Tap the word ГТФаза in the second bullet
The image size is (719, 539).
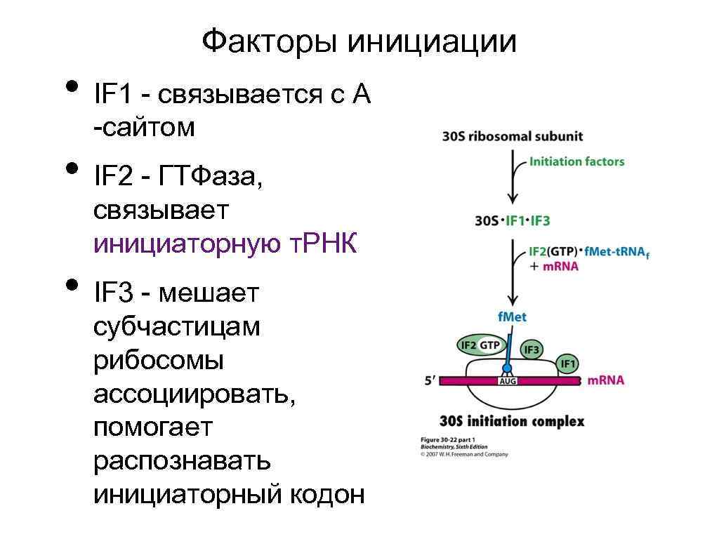tap(210, 178)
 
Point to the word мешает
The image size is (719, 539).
tap(209, 293)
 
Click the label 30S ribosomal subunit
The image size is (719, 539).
tap(513, 136)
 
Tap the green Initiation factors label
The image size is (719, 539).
tap(576, 161)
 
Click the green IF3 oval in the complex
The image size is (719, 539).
tap(532, 350)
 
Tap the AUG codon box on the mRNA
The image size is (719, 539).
tap(507, 381)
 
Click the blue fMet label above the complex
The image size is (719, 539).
tap(512, 317)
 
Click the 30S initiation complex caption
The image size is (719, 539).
tap(511, 422)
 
